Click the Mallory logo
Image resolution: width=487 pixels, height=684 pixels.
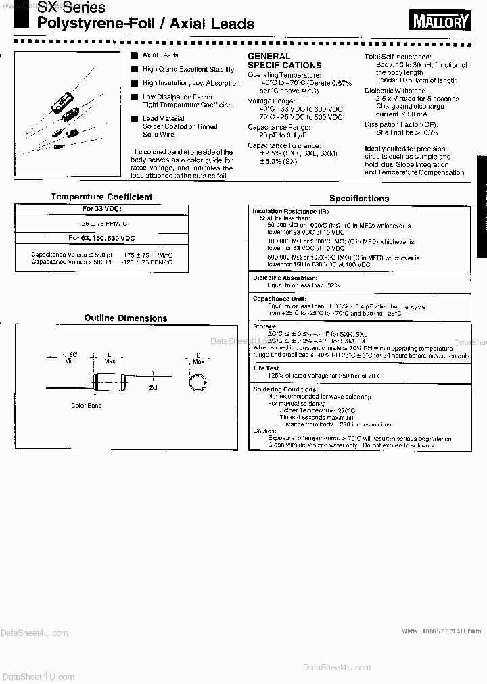pos(440,22)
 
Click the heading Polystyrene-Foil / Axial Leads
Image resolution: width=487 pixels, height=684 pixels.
pos(147,25)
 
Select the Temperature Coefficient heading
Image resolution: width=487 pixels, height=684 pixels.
pos(101,197)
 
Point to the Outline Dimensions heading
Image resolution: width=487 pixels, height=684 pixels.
pos(125,318)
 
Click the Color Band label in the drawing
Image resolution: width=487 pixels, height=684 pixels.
pos(86,406)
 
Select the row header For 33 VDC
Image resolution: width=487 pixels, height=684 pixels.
pos(101,210)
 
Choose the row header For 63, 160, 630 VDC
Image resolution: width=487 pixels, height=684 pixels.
pos(101,238)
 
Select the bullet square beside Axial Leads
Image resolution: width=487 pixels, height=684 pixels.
pos(135,55)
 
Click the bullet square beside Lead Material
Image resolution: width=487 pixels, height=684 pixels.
pos(135,118)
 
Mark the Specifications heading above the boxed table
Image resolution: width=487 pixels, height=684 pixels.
pos(358,199)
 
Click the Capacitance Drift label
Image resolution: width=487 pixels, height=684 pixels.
pos(279,299)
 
